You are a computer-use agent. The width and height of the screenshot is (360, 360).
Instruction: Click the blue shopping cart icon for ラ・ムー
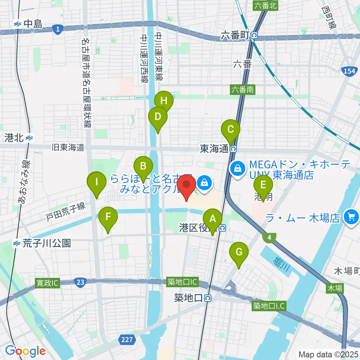351,217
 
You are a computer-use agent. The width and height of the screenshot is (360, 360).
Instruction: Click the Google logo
25,351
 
